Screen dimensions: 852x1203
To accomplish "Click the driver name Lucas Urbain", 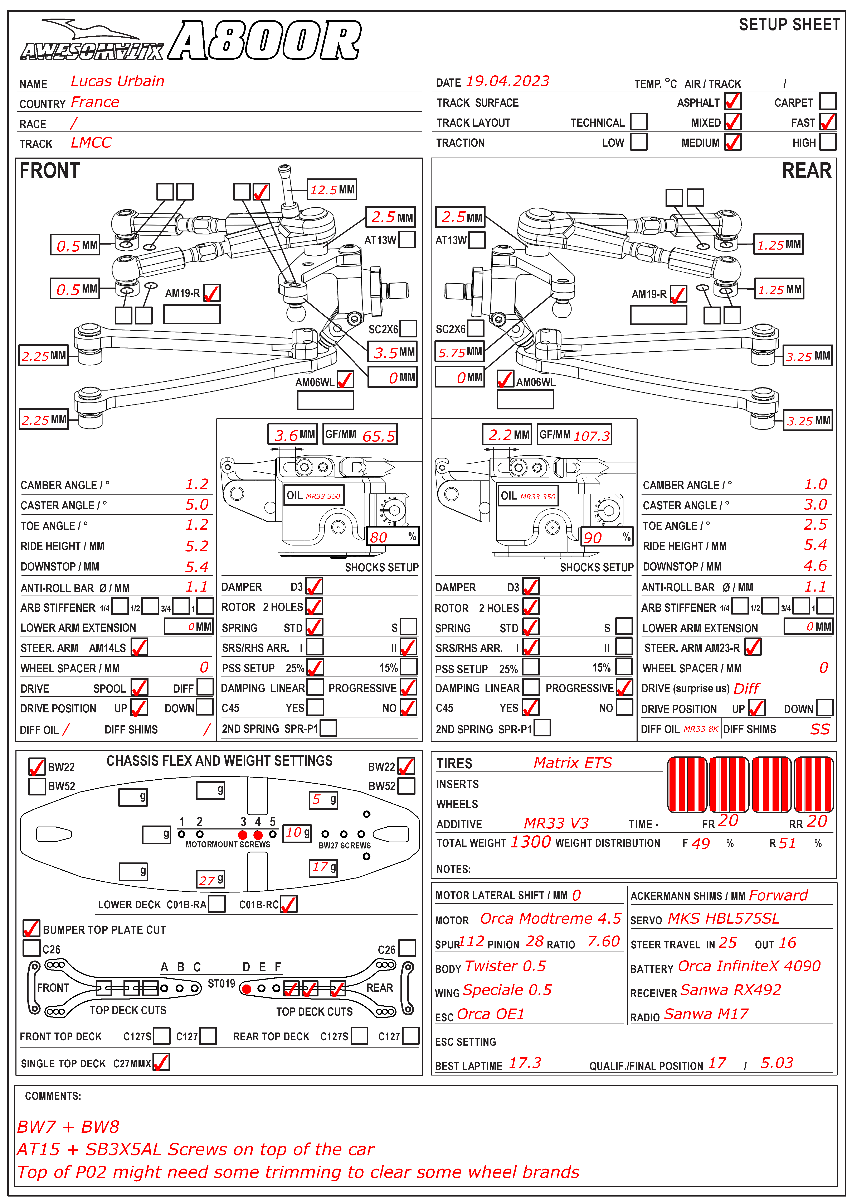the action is pos(117,81).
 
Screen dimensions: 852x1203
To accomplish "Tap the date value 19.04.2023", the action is pos(507,81).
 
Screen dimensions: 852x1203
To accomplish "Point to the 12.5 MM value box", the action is pos(332,189).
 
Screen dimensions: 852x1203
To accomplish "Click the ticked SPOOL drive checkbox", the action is pos(139,687).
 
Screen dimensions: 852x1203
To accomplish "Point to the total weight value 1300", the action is pos(530,842).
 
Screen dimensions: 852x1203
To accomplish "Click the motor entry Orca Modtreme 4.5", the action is pos(550,919).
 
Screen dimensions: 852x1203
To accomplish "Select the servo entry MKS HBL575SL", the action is pos(724,919).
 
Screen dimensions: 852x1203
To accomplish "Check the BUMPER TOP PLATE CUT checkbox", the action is pos(31,928).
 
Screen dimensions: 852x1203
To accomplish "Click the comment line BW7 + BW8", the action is pos(68,1126).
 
